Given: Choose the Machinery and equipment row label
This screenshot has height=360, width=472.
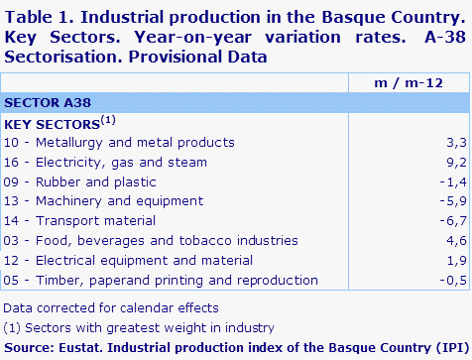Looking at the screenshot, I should point(110,201).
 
